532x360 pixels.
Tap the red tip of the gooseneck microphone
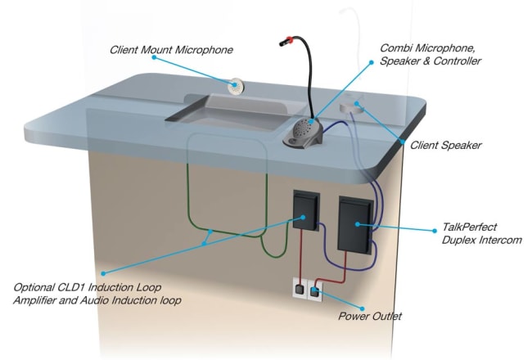pyautogui.click(x=287, y=38)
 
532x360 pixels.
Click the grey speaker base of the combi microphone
pyautogui.click(x=304, y=133)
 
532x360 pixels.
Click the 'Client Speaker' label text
pyautogui.click(x=445, y=146)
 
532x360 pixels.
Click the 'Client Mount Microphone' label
pyautogui.click(x=171, y=51)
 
